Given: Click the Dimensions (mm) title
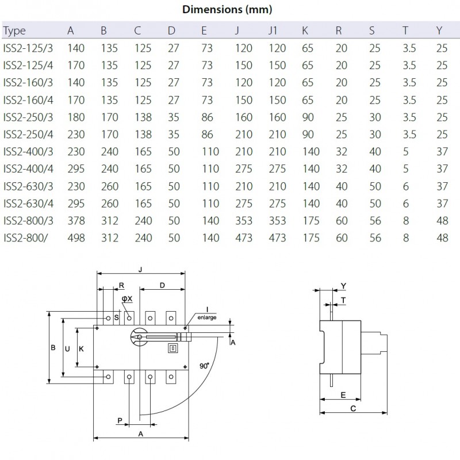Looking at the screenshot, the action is [227, 10].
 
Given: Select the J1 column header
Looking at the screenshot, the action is [273, 30].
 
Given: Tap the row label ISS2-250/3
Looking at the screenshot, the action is [28, 117].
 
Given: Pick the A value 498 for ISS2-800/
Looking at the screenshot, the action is [76, 238].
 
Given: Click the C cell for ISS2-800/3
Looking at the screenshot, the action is [143, 221].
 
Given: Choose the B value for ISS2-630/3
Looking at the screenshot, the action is [110, 186].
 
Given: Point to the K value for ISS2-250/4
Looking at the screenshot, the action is [308, 135].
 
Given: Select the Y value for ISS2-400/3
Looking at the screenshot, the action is [442, 152].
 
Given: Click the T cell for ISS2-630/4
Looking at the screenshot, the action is [406, 204].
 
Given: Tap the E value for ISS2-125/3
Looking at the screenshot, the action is [207, 48].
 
